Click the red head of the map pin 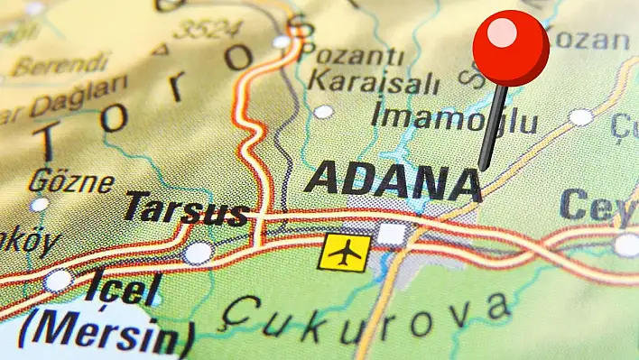511,47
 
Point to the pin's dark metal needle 492,126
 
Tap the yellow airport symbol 344,252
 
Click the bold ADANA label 393,180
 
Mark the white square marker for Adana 392,235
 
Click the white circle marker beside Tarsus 198,253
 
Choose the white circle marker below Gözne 39,205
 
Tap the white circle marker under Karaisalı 323,112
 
